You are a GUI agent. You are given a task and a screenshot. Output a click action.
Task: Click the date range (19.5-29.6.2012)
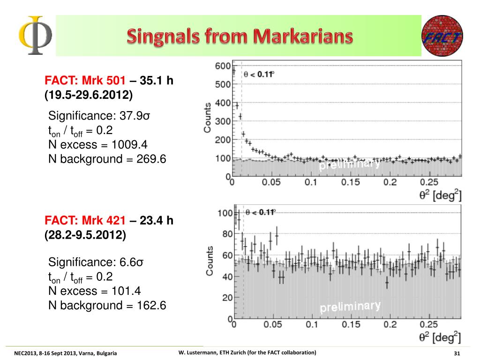click(89, 95)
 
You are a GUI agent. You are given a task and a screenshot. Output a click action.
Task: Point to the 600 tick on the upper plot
click(223, 67)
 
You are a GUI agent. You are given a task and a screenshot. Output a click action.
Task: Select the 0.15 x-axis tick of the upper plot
click(350, 183)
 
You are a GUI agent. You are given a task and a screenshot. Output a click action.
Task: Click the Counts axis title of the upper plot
click(208, 117)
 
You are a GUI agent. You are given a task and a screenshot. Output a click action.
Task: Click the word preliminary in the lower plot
click(350, 307)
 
